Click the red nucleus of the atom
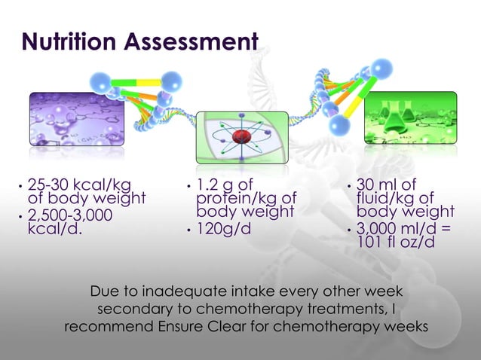(x=241, y=137)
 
